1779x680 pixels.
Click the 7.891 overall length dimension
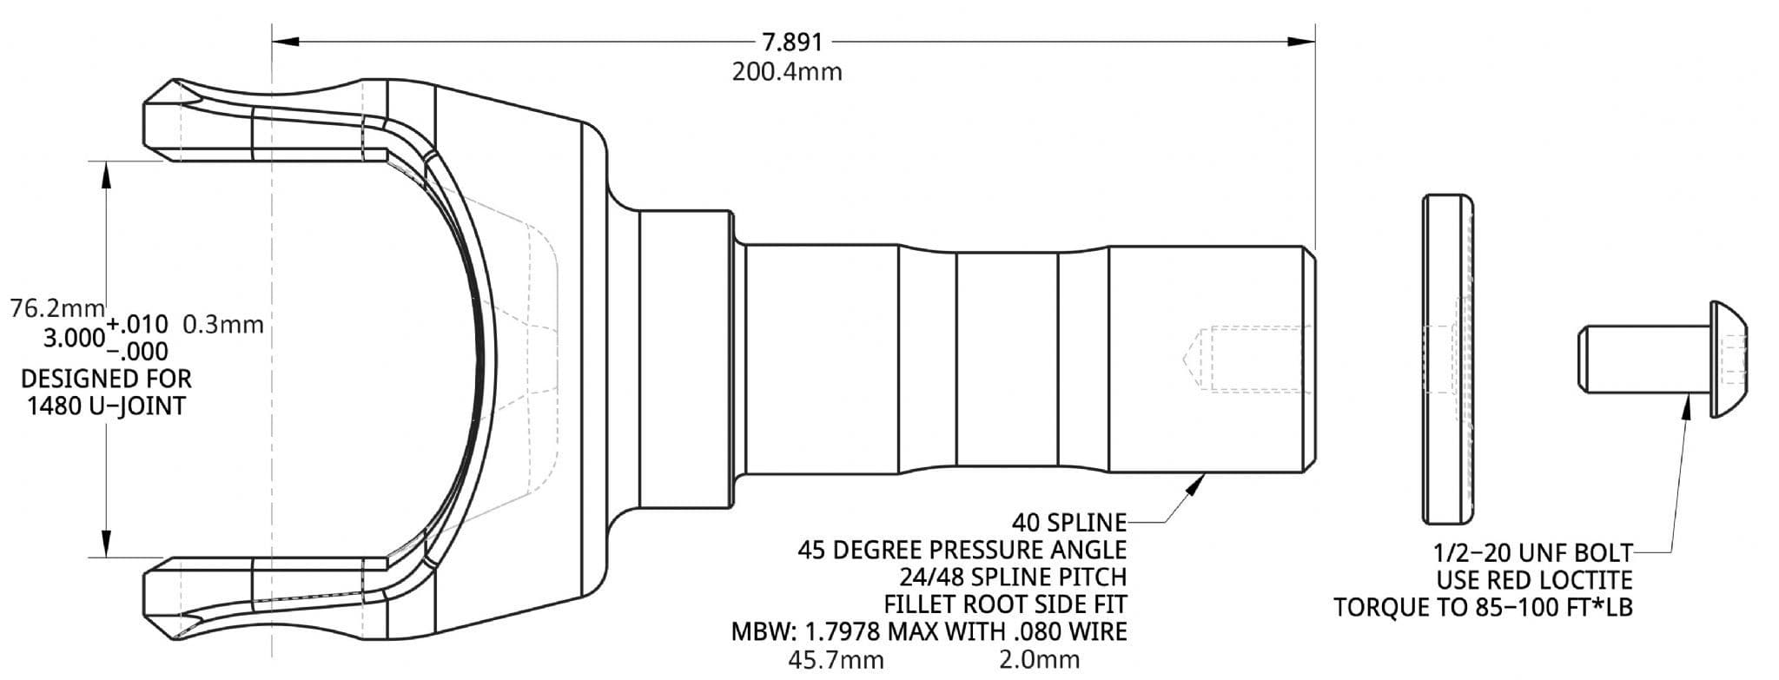coord(791,42)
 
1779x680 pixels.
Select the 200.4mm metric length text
coord(786,71)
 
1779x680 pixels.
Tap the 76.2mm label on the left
coord(56,308)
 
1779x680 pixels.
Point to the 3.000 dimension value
coord(74,338)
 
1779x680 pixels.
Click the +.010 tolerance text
coord(137,325)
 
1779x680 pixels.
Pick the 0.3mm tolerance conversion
coord(223,325)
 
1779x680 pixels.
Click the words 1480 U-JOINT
coord(106,406)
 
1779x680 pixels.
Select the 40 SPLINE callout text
coord(1068,523)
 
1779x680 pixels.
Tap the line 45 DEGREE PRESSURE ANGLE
coord(962,550)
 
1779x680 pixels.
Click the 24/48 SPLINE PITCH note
coord(1013,577)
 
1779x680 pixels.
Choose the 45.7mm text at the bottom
coord(835,659)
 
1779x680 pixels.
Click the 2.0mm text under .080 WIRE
coord(1039,659)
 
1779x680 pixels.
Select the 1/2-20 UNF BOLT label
coord(1532,552)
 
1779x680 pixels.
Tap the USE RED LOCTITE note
coord(1534,579)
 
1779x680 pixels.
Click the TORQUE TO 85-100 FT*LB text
coord(1483,607)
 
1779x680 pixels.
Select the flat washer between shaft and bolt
coord(1447,359)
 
